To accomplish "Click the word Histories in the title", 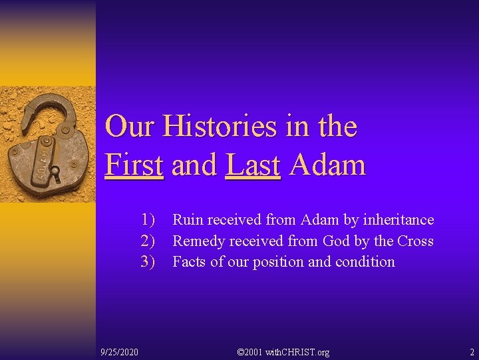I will [x=220, y=126].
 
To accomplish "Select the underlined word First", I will [x=134, y=165].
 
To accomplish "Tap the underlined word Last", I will [x=253, y=165].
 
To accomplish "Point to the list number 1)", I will [x=147, y=220].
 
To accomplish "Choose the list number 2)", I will [x=147, y=241].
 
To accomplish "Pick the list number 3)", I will [x=147, y=261].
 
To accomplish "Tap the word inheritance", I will [x=398, y=220].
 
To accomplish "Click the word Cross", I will [x=415, y=241].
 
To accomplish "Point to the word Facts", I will [x=190, y=261].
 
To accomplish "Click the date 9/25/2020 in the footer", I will [x=119, y=351].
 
